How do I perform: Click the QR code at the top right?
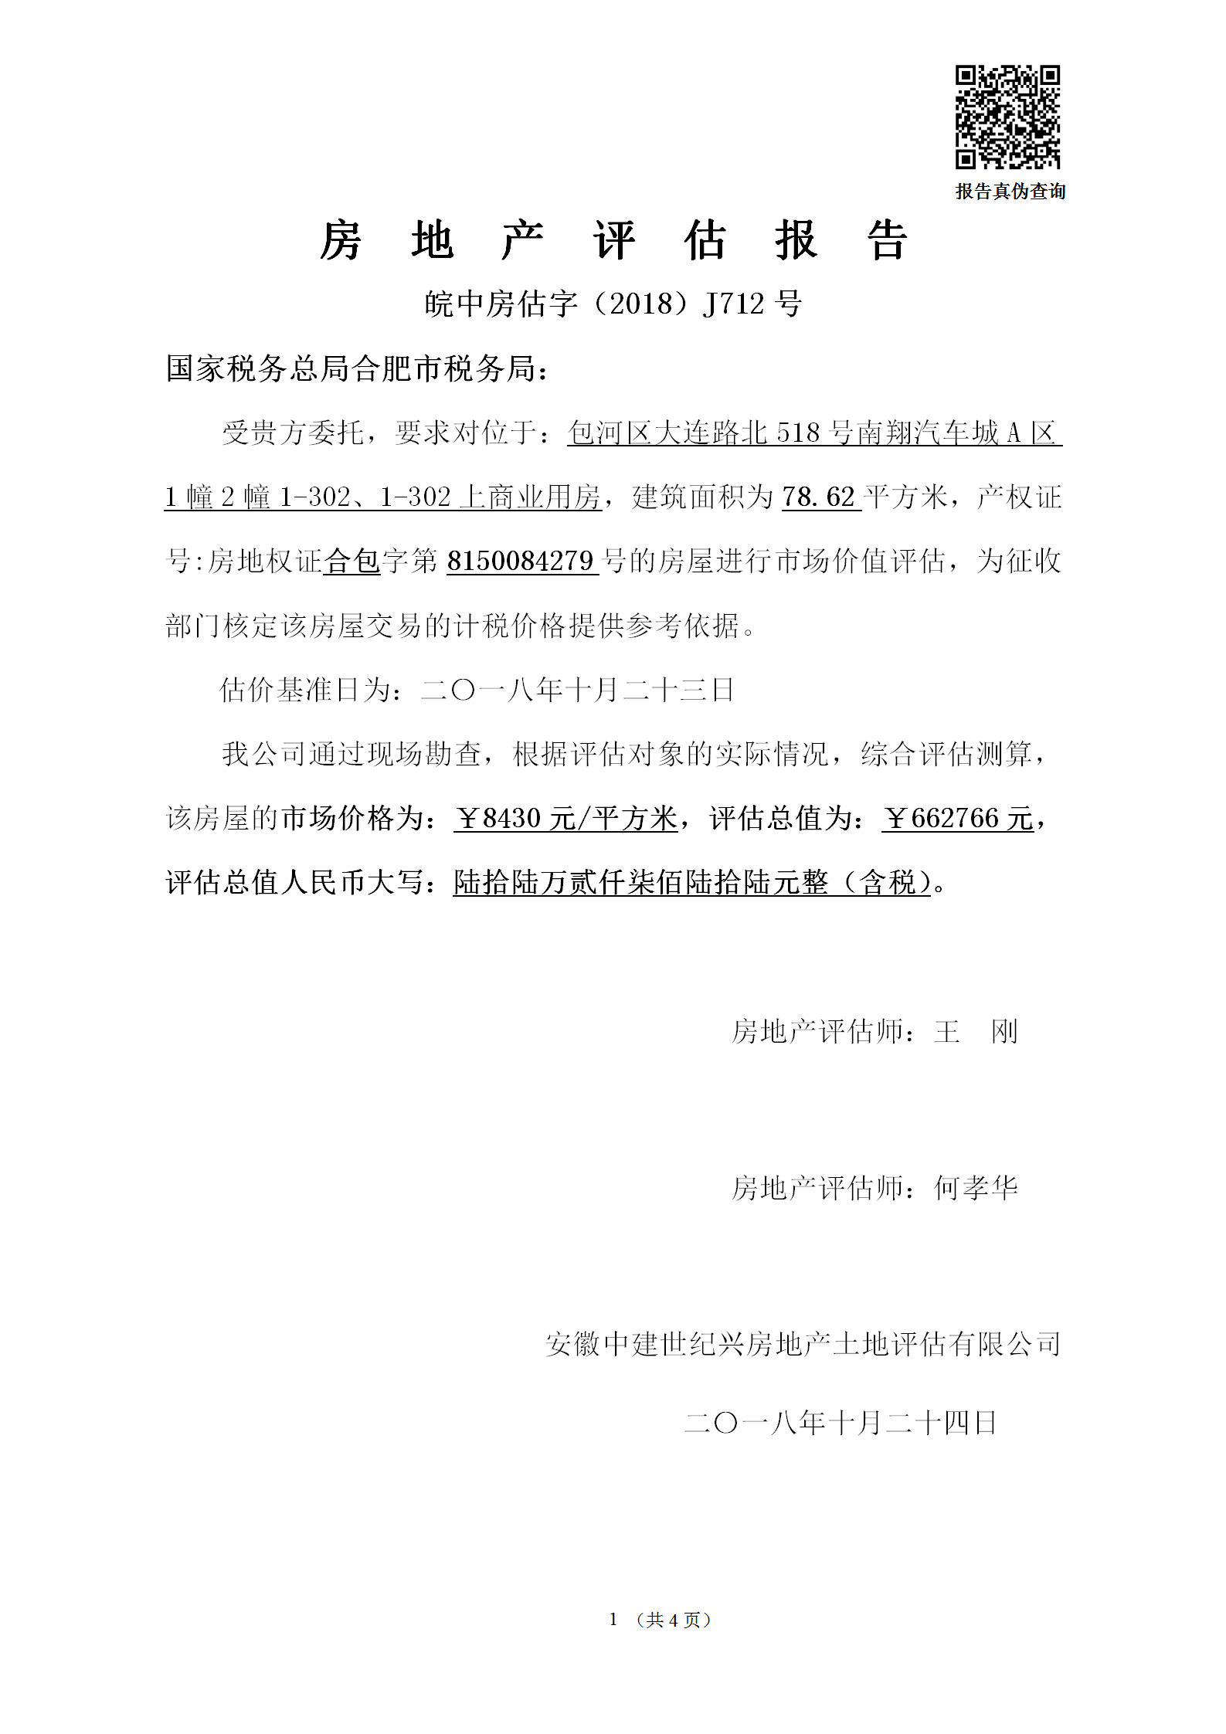[x=1007, y=117]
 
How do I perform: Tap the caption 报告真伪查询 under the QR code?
[x=1010, y=191]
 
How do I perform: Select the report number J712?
[x=733, y=304]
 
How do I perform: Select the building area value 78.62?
[x=819, y=497]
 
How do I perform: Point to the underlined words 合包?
[x=351, y=561]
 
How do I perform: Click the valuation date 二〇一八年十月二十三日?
[x=577, y=689]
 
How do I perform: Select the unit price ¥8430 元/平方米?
[x=565, y=818]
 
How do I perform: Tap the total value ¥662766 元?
[x=957, y=818]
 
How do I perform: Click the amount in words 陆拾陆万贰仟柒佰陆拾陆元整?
[x=640, y=882]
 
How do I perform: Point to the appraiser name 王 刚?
[x=976, y=1031]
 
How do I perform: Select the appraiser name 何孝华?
[x=976, y=1187]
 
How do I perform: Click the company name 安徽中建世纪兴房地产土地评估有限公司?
[x=803, y=1344]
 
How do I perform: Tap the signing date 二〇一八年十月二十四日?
[x=841, y=1422]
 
